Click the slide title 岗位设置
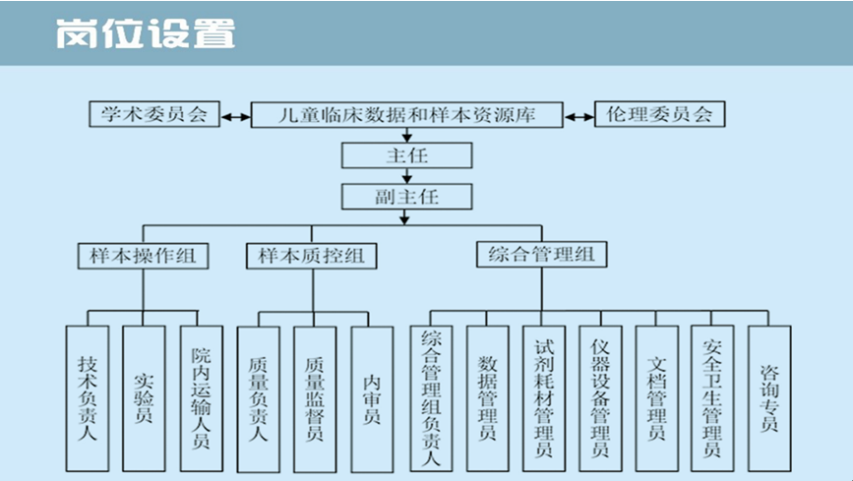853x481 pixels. pyautogui.click(x=146, y=32)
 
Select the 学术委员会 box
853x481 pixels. pyautogui.click(x=154, y=114)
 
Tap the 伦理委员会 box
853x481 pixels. pyautogui.click(x=659, y=114)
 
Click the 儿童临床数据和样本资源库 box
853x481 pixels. pyautogui.click(x=407, y=115)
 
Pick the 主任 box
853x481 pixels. pyautogui.click(x=407, y=155)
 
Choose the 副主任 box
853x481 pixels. pyautogui.click(x=407, y=196)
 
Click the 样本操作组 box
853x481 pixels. pyautogui.click(x=143, y=256)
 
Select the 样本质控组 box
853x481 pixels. pyautogui.click(x=312, y=256)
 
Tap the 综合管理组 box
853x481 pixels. pyautogui.click(x=541, y=255)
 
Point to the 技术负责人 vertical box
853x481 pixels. pyautogui.click(x=87, y=397)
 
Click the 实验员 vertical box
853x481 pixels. pyautogui.click(x=144, y=397)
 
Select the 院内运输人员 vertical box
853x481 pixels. pyautogui.click(x=202, y=397)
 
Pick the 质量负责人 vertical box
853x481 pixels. pyautogui.click(x=258, y=397)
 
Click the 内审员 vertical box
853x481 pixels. pyautogui.click(x=372, y=397)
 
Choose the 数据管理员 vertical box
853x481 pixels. pyautogui.click(x=487, y=397)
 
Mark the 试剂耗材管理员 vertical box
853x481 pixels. pyautogui.click(x=544, y=397)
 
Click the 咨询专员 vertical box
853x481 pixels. pyautogui.click(x=769, y=397)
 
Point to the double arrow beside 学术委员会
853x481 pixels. pyautogui.click(x=234, y=116)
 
